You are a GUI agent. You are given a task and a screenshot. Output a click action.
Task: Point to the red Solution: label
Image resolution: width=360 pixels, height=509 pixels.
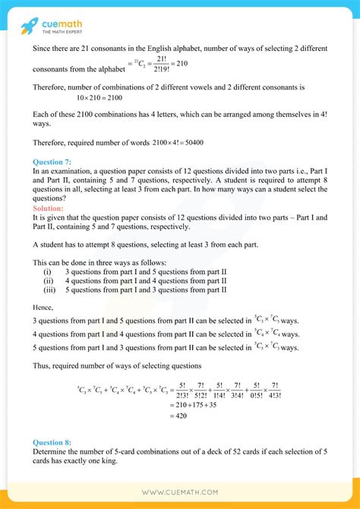click(49, 208)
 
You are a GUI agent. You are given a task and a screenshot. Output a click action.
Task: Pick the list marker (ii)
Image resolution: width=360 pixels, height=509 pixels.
click(48, 280)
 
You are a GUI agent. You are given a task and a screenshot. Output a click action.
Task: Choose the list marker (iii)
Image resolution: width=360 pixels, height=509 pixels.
click(49, 289)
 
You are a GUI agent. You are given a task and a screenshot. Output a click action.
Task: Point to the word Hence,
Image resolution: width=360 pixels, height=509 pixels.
click(45, 308)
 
